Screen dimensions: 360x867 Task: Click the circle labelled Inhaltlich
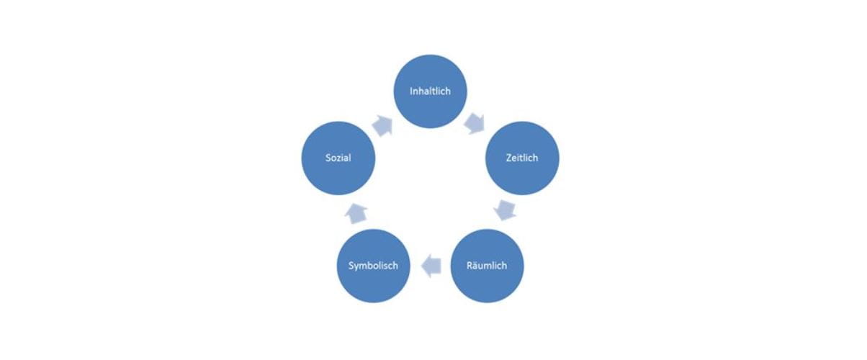pos(430,91)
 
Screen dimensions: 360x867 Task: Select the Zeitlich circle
pos(522,158)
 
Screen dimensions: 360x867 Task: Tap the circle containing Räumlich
pos(487,266)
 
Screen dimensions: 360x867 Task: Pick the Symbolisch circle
pos(374,266)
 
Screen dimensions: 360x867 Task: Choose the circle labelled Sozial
pos(338,158)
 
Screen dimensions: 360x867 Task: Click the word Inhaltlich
pos(430,91)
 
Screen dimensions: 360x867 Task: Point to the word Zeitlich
pos(522,158)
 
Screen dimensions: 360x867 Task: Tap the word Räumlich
pos(487,266)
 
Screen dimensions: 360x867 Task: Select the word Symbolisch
pos(374,266)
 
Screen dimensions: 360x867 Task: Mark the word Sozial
pos(338,158)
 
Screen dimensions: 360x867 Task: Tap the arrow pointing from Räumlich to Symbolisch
pos(430,266)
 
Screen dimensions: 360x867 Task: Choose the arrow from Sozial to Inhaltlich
pos(384,123)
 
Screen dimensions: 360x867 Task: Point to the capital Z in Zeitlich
pos(508,158)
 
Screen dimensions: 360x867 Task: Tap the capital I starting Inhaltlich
pos(411,91)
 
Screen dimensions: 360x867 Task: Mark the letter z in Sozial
pos(337,158)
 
